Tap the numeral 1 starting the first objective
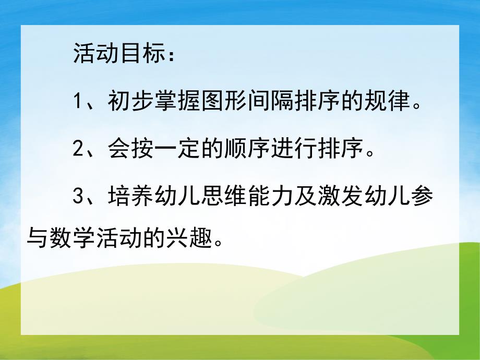[78, 101]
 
